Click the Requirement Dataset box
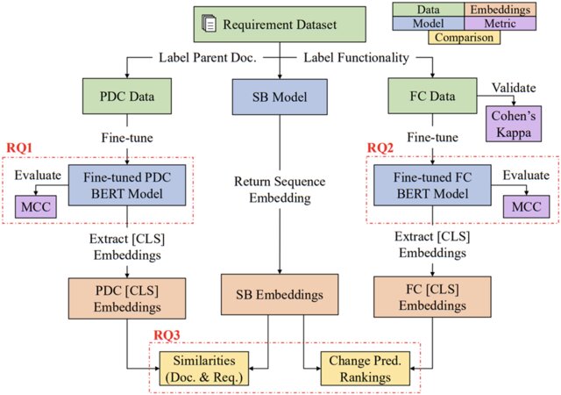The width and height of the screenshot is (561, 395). pos(279,24)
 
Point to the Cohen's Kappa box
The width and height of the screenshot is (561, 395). pos(515,124)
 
